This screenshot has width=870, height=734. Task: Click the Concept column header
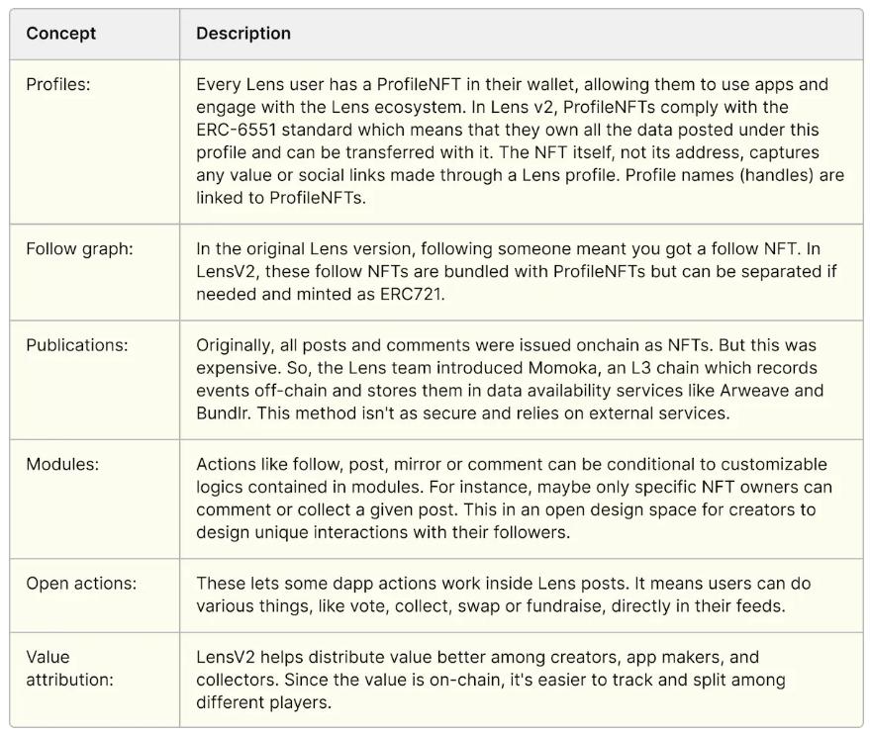pyautogui.click(x=61, y=33)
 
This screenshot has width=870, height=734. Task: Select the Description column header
pyautogui.click(x=243, y=33)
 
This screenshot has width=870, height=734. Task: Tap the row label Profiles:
pyautogui.click(x=58, y=85)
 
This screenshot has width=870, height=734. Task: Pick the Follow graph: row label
pyautogui.click(x=79, y=248)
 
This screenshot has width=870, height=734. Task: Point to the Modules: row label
pyautogui.click(x=60, y=464)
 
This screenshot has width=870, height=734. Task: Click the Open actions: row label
pyautogui.click(x=81, y=584)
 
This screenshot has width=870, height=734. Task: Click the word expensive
pyautogui.click(x=236, y=368)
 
